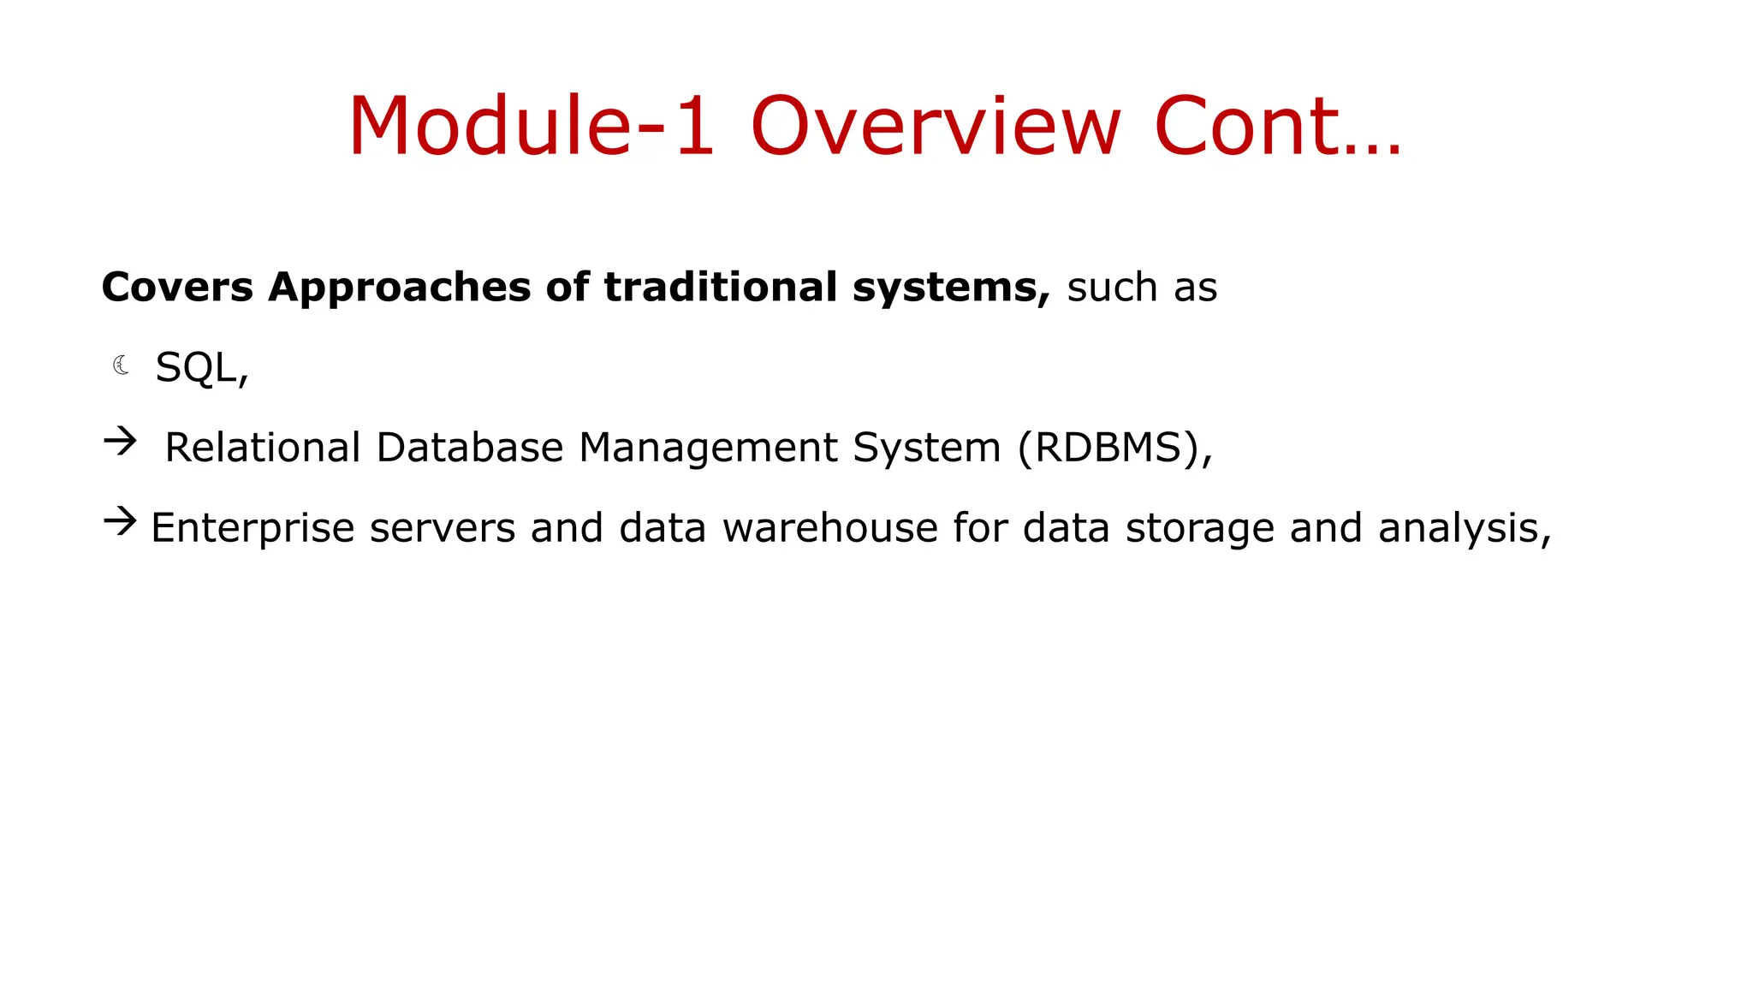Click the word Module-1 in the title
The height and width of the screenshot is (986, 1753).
coord(531,127)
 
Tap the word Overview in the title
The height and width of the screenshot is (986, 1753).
coord(935,127)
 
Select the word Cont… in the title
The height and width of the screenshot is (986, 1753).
coord(1277,127)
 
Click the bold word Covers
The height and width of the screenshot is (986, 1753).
coord(177,287)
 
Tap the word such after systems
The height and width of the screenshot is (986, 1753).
coord(1112,287)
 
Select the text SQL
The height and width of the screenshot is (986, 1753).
coord(196,368)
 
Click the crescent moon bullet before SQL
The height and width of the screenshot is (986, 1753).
coord(122,365)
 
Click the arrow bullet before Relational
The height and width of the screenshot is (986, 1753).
coord(120,442)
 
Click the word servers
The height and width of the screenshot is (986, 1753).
coord(443,528)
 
